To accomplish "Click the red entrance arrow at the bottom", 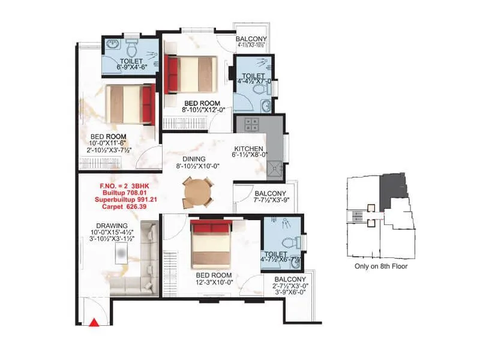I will [x=94, y=323].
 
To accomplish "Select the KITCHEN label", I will [x=248, y=148].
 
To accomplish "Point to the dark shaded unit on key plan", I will [x=394, y=186].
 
